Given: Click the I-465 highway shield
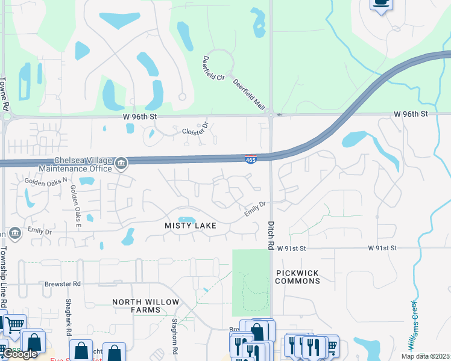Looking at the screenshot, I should point(251,159).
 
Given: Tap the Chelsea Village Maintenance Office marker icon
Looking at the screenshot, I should point(121,163).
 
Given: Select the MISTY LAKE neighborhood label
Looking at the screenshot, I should point(191,225).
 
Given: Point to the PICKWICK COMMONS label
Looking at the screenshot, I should point(297,277).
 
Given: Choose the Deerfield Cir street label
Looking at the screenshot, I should point(213,69).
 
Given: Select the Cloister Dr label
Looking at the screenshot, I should point(195,130).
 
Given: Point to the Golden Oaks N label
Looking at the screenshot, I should point(46,180).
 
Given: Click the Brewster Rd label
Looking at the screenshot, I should point(62,283).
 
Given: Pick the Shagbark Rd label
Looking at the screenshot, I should point(69,325).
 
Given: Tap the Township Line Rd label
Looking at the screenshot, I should point(4,277).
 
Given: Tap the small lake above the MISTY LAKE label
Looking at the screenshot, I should point(186,219).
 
